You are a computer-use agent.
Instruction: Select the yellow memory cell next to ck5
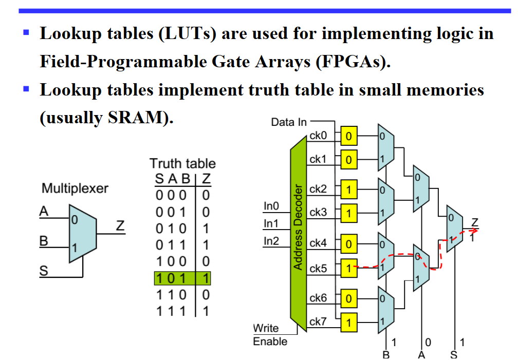pos(349,268)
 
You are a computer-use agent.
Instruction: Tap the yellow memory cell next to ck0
pos(349,137)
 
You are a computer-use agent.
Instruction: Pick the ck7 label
pos(318,321)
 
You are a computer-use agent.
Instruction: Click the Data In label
pos(289,122)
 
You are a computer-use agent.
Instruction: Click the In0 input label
pos(271,206)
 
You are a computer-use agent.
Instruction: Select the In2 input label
pos(271,240)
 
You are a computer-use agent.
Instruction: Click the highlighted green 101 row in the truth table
pos(182,278)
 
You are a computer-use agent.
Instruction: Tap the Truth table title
pos(182,164)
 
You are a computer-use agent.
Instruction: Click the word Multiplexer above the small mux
pos(75,188)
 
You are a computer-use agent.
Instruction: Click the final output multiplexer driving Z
pos(454,229)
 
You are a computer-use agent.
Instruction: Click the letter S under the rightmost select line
pos(454,354)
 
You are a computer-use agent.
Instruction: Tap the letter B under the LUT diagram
pos(386,354)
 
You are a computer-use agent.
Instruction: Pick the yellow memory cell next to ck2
pos(349,190)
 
